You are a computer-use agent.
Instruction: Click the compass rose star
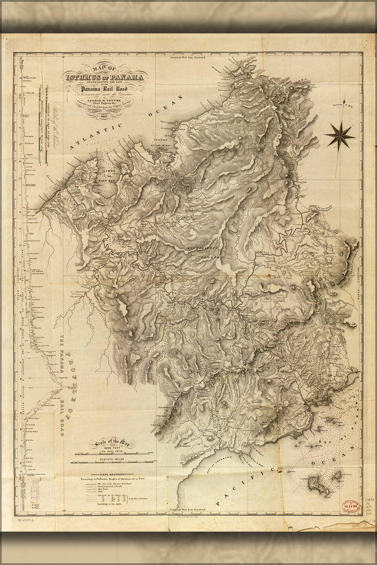pos(340,136)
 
